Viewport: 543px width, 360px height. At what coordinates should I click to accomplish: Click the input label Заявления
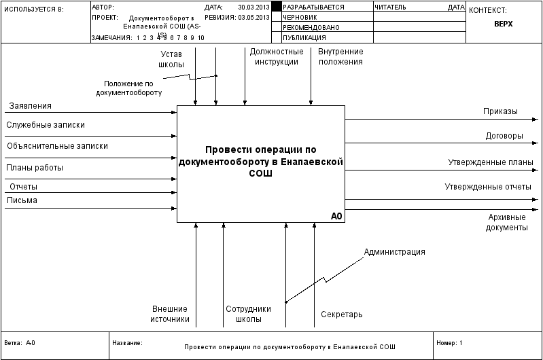(x=30, y=106)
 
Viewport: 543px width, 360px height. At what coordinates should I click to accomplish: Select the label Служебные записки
(x=46, y=125)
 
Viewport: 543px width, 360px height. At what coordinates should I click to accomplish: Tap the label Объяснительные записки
(x=57, y=145)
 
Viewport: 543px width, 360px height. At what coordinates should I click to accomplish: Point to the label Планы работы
(x=35, y=167)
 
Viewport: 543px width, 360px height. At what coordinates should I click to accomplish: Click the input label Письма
(x=22, y=200)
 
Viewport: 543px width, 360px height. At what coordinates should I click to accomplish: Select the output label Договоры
(x=504, y=135)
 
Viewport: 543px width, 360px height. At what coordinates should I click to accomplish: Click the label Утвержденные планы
(x=490, y=162)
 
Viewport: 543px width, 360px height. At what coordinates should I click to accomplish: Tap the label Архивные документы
(x=507, y=222)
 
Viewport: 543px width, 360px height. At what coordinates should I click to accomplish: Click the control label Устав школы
(x=171, y=59)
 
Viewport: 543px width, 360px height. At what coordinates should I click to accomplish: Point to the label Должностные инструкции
(x=277, y=56)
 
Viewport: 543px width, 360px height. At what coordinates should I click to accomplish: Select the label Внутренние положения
(x=340, y=56)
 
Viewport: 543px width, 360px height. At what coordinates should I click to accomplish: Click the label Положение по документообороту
(x=129, y=88)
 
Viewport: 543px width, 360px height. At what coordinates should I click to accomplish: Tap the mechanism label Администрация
(x=394, y=252)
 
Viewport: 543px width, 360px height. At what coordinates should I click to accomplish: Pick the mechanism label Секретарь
(x=342, y=314)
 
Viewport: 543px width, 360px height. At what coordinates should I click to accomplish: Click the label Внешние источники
(x=170, y=314)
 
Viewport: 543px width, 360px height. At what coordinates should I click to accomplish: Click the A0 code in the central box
(x=336, y=216)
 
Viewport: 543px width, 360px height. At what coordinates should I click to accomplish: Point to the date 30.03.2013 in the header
(x=253, y=7)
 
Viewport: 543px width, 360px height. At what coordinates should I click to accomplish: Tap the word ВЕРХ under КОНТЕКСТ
(x=503, y=23)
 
